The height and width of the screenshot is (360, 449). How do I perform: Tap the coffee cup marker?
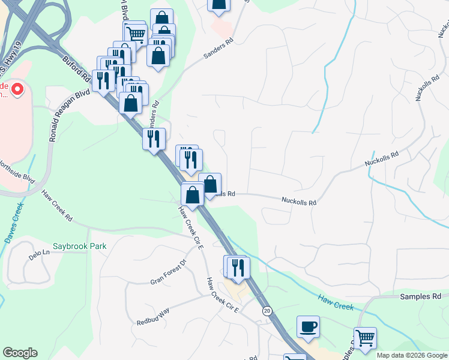pos(308,327)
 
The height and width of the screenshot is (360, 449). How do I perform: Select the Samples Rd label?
pos(421,296)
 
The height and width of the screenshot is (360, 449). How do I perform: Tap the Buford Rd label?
pos(76,69)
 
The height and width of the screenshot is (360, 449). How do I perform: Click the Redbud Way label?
pos(153,317)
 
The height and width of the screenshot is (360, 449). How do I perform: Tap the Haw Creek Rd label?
pos(57,206)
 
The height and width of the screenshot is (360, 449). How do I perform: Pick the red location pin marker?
pos(17,91)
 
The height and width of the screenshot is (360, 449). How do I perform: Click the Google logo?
pos(20,353)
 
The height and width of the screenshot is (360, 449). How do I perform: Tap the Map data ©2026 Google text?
pos(411,355)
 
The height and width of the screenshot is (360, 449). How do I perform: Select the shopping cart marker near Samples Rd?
pos(364,338)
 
